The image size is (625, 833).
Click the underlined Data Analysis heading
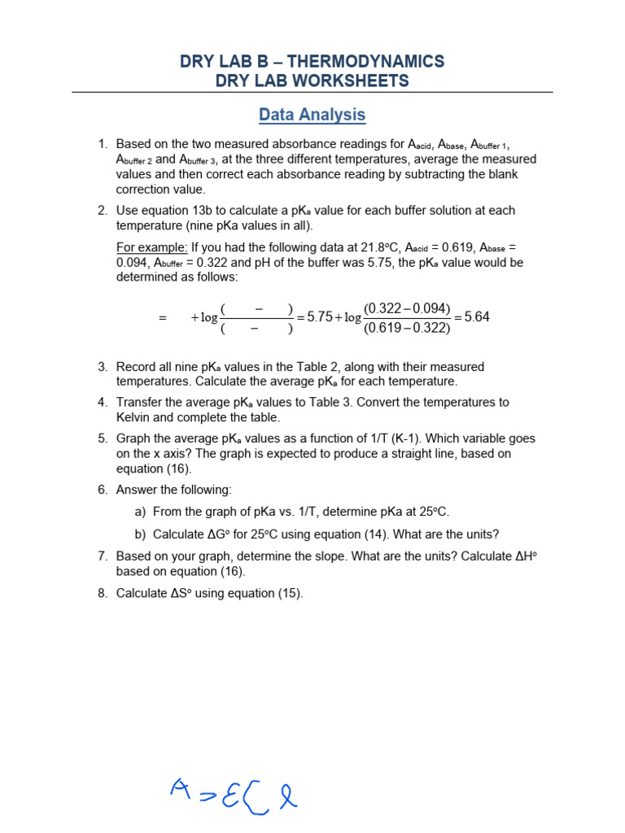point(312,115)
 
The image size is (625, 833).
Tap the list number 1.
point(103,144)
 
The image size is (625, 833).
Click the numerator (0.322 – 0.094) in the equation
point(407,308)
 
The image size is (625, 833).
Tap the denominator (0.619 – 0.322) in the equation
point(407,328)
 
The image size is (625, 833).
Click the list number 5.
point(103,438)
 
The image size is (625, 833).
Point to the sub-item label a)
point(140,512)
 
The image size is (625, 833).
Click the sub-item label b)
point(140,534)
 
